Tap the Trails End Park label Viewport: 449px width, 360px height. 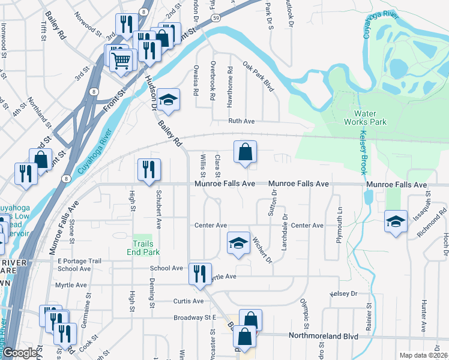pyautogui.click(x=143, y=248)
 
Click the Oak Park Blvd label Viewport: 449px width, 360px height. pyautogui.click(x=258, y=76)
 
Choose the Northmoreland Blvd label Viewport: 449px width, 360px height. pyautogui.click(x=324, y=337)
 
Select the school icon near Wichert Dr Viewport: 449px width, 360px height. pyautogui.click(x=238, y=243)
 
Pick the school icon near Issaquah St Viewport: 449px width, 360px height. pyautogui.click(x=396, y=221)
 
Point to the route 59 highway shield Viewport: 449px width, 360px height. pyautogui.click(x=215, y=19)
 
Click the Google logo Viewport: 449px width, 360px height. pyautogui.click(x=20, y=353)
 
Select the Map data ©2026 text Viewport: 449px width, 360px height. pyautogui.click(x=424, y=355)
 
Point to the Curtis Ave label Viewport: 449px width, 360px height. pyautogui.click(x=188, y=301)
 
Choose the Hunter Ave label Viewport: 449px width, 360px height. pyautogui.click(x=424, y=316)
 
